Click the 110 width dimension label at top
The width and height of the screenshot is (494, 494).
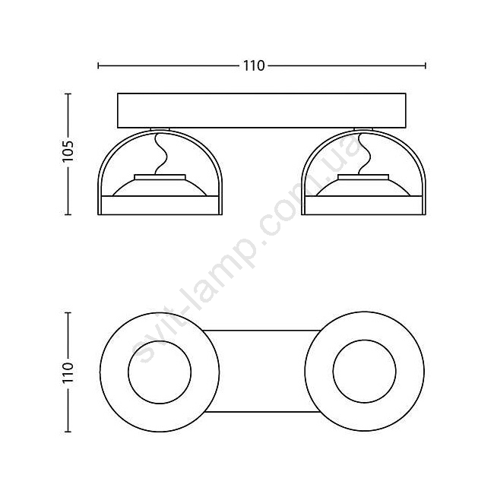click(254, 66)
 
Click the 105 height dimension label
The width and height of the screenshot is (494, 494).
click(68, 150)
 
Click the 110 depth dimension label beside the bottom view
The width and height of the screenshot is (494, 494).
click(68, 372)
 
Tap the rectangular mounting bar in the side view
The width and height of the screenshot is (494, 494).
click(261, 111)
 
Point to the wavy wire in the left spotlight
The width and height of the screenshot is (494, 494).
click(160, 154)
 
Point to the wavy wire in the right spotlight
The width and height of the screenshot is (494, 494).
click(364, 154)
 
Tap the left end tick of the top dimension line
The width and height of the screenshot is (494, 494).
click(99, 65)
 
